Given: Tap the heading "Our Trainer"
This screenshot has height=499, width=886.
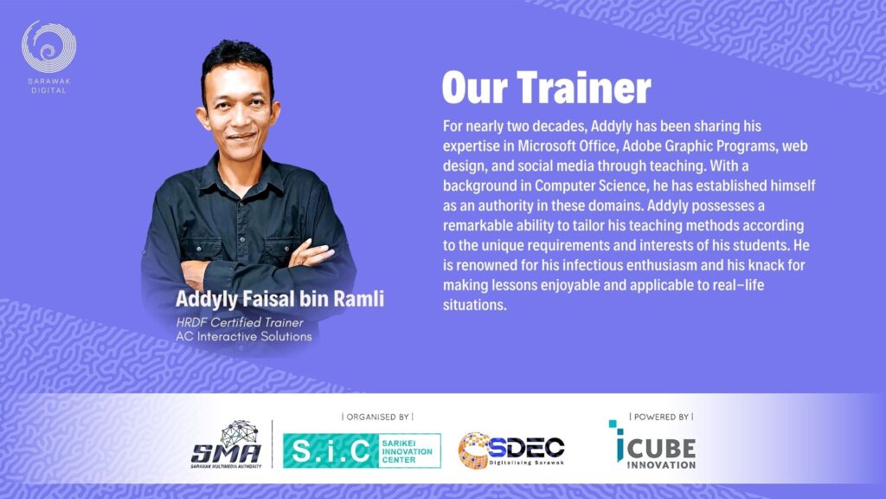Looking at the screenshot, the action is click(x=547, y=88).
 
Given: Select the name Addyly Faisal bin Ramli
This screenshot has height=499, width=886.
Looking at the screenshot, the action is click(x=279, y=299).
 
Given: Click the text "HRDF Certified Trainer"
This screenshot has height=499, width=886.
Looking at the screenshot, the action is click(x=240, y=322).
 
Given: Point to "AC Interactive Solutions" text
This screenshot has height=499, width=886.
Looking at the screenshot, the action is click(x=243, y=336).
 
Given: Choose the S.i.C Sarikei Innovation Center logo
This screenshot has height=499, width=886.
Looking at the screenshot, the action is click(x=362, y=450).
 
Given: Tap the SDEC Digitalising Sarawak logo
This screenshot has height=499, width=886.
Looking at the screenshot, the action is click(x=511, y=450).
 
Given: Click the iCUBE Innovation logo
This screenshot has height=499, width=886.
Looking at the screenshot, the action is click(x=652, y=444).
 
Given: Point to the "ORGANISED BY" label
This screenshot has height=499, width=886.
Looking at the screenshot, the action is click(x=377, y=417).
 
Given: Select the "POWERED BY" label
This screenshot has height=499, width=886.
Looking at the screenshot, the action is click(x=661, y=417).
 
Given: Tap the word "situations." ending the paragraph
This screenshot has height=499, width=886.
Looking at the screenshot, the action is click(x=475, y=305).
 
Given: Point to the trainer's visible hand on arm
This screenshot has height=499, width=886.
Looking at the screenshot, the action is click(x=311, y=254).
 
